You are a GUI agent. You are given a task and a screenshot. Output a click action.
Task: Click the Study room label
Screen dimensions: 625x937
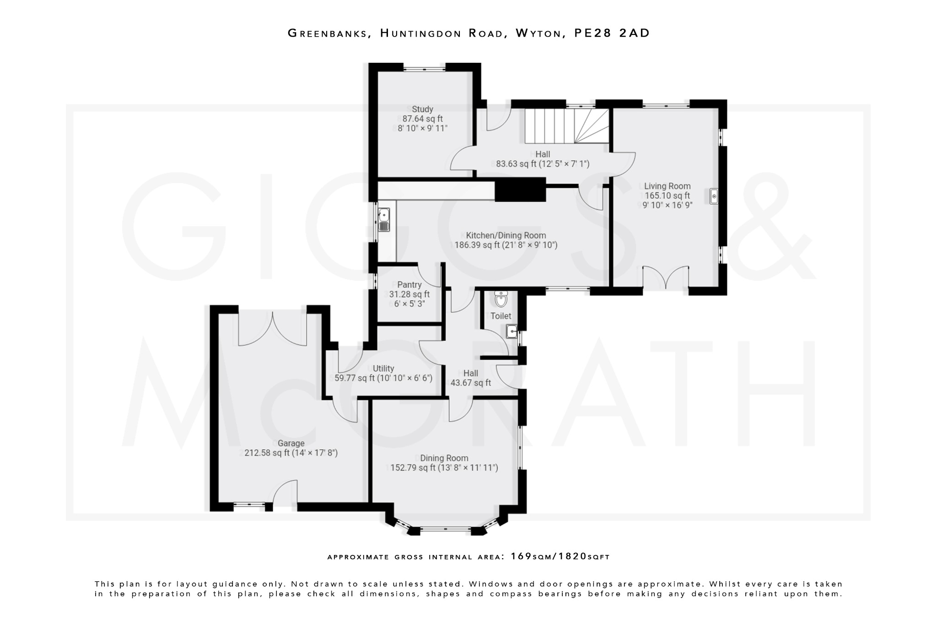point(422,109)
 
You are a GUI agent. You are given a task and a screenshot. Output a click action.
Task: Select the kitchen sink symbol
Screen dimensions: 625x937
point(383,220)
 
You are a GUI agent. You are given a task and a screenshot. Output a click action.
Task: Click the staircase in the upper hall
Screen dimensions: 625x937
point(566,125)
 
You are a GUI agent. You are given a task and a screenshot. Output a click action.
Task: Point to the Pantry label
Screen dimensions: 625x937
point(409,285)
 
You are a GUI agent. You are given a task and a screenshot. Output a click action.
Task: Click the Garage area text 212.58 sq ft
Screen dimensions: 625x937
point(267,453)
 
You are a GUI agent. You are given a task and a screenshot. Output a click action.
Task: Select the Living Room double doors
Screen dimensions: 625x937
point(666,277)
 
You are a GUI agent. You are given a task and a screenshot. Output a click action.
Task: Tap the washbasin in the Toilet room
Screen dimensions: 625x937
point(512,331)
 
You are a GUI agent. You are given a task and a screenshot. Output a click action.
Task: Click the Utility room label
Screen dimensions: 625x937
point(383,369)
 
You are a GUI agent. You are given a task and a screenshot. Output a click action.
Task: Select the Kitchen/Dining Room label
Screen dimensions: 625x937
point(506,235)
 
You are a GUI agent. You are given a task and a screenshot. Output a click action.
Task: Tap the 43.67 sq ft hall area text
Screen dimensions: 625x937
point(470,383)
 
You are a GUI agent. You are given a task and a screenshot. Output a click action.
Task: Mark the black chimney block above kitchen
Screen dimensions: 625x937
point(520,190)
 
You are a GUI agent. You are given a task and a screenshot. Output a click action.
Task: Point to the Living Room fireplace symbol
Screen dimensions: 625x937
point(714,196)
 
